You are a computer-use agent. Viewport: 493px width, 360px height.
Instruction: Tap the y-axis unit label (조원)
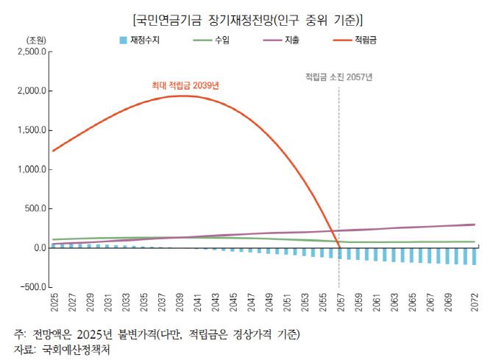(x=36, y=39)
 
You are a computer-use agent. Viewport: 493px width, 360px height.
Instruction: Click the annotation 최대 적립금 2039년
(x=185, y=85)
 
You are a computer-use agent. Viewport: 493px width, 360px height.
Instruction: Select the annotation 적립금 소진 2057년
(x=339, y=77)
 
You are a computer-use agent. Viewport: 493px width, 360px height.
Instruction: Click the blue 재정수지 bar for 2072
(x=473, y=256)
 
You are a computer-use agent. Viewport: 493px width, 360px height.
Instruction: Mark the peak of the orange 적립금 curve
(x=180, y=96)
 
